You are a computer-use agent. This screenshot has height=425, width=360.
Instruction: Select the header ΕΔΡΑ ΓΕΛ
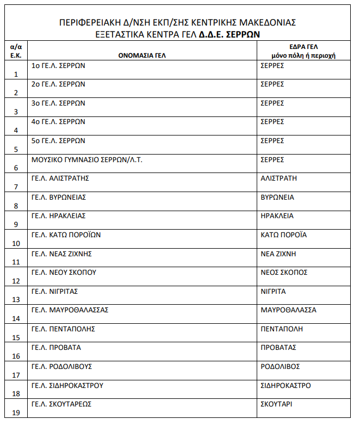click(303, 47)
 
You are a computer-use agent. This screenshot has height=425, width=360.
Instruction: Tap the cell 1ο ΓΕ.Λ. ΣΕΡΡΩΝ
click(58, 66)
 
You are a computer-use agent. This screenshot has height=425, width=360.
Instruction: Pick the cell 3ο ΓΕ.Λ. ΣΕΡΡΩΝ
click(58, 103)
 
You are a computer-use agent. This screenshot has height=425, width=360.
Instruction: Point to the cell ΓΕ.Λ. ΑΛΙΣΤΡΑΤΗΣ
click(60, 178)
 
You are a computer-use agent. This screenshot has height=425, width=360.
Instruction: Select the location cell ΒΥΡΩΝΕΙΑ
click(277, 198)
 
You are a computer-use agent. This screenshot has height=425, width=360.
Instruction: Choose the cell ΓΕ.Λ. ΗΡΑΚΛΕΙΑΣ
click(59, 216)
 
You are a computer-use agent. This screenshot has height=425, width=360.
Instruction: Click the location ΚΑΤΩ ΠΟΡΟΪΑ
click(284, 235)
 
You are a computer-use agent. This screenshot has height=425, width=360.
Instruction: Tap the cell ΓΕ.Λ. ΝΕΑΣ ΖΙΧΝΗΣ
click(61, 254)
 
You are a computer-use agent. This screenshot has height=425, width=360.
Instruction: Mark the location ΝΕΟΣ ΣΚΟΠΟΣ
click(284, 273)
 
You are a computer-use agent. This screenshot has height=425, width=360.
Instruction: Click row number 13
click(16, 300)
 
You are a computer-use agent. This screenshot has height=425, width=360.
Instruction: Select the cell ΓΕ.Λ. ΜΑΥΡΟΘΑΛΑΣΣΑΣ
click(70, 310)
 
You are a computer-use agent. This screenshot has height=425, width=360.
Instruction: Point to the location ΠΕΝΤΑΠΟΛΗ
click(282, 329)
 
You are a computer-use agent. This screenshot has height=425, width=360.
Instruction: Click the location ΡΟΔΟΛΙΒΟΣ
click(280, 367)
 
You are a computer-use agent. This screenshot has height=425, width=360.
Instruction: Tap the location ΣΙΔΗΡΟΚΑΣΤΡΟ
click(285, 386)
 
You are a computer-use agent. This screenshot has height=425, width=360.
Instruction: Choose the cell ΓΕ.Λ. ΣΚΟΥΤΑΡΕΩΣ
click(61, 404)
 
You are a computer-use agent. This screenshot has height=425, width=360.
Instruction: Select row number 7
click(16, 187)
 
